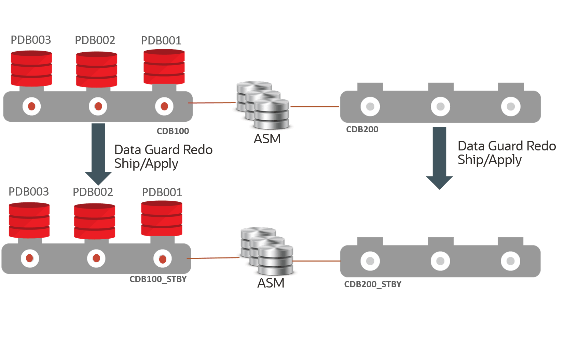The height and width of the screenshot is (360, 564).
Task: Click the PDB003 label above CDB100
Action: coord(31,40)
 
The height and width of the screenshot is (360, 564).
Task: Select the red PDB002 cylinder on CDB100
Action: coord(96,69)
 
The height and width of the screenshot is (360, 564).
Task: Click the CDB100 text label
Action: coord(173,131)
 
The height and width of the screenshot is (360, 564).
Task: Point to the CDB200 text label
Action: coord(362,130)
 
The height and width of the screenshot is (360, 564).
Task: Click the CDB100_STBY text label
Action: coord(158,280)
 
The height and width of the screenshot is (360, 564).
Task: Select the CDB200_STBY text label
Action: coord(373,284)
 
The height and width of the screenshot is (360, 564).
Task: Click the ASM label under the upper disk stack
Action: coord(267,139)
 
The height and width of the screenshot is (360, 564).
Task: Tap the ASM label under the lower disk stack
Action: coord(271,283)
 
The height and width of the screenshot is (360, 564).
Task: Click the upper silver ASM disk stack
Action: coord(263,104)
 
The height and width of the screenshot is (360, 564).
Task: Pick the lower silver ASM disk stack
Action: coord(267,251)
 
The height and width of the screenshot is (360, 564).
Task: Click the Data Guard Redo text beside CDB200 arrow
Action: coord(506,146)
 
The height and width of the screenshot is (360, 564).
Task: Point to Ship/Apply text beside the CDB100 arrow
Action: coord(146,164)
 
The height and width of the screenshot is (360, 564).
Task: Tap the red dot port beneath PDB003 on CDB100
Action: coord(31,106)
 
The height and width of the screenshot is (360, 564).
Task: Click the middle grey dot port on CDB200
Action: coord(440,106)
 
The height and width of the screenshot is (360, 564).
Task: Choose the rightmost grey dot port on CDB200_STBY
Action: coord(510,261)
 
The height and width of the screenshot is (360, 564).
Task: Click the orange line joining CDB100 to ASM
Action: coord(212,103)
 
